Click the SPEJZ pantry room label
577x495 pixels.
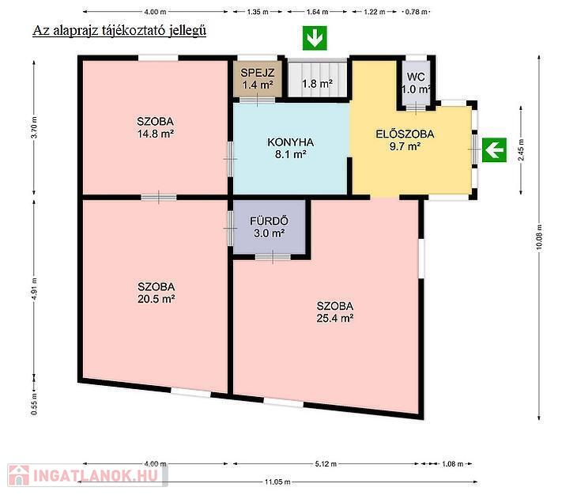(257, 78)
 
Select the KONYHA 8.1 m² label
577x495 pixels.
(290, 148)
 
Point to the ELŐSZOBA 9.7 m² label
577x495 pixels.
(405, 140)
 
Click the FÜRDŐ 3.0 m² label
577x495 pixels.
(269, 227)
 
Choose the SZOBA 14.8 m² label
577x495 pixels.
(155, 127)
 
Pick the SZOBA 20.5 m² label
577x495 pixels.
(156, 293)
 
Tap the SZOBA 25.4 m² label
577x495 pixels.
(335, 312)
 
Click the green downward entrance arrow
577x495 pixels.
(315, 38)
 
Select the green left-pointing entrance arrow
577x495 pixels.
(494, 149)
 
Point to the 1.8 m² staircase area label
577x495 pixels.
(317, 84)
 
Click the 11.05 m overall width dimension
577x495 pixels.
(277, 482)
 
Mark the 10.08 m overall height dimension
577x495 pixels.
(539, 237)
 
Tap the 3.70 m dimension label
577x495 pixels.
(34, 127)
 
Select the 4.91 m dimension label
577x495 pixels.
(34, 289)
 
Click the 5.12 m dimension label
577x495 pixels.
(326, 464)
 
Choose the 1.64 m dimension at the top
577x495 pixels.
(317, 12)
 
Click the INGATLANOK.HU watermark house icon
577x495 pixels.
(19, 475)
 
